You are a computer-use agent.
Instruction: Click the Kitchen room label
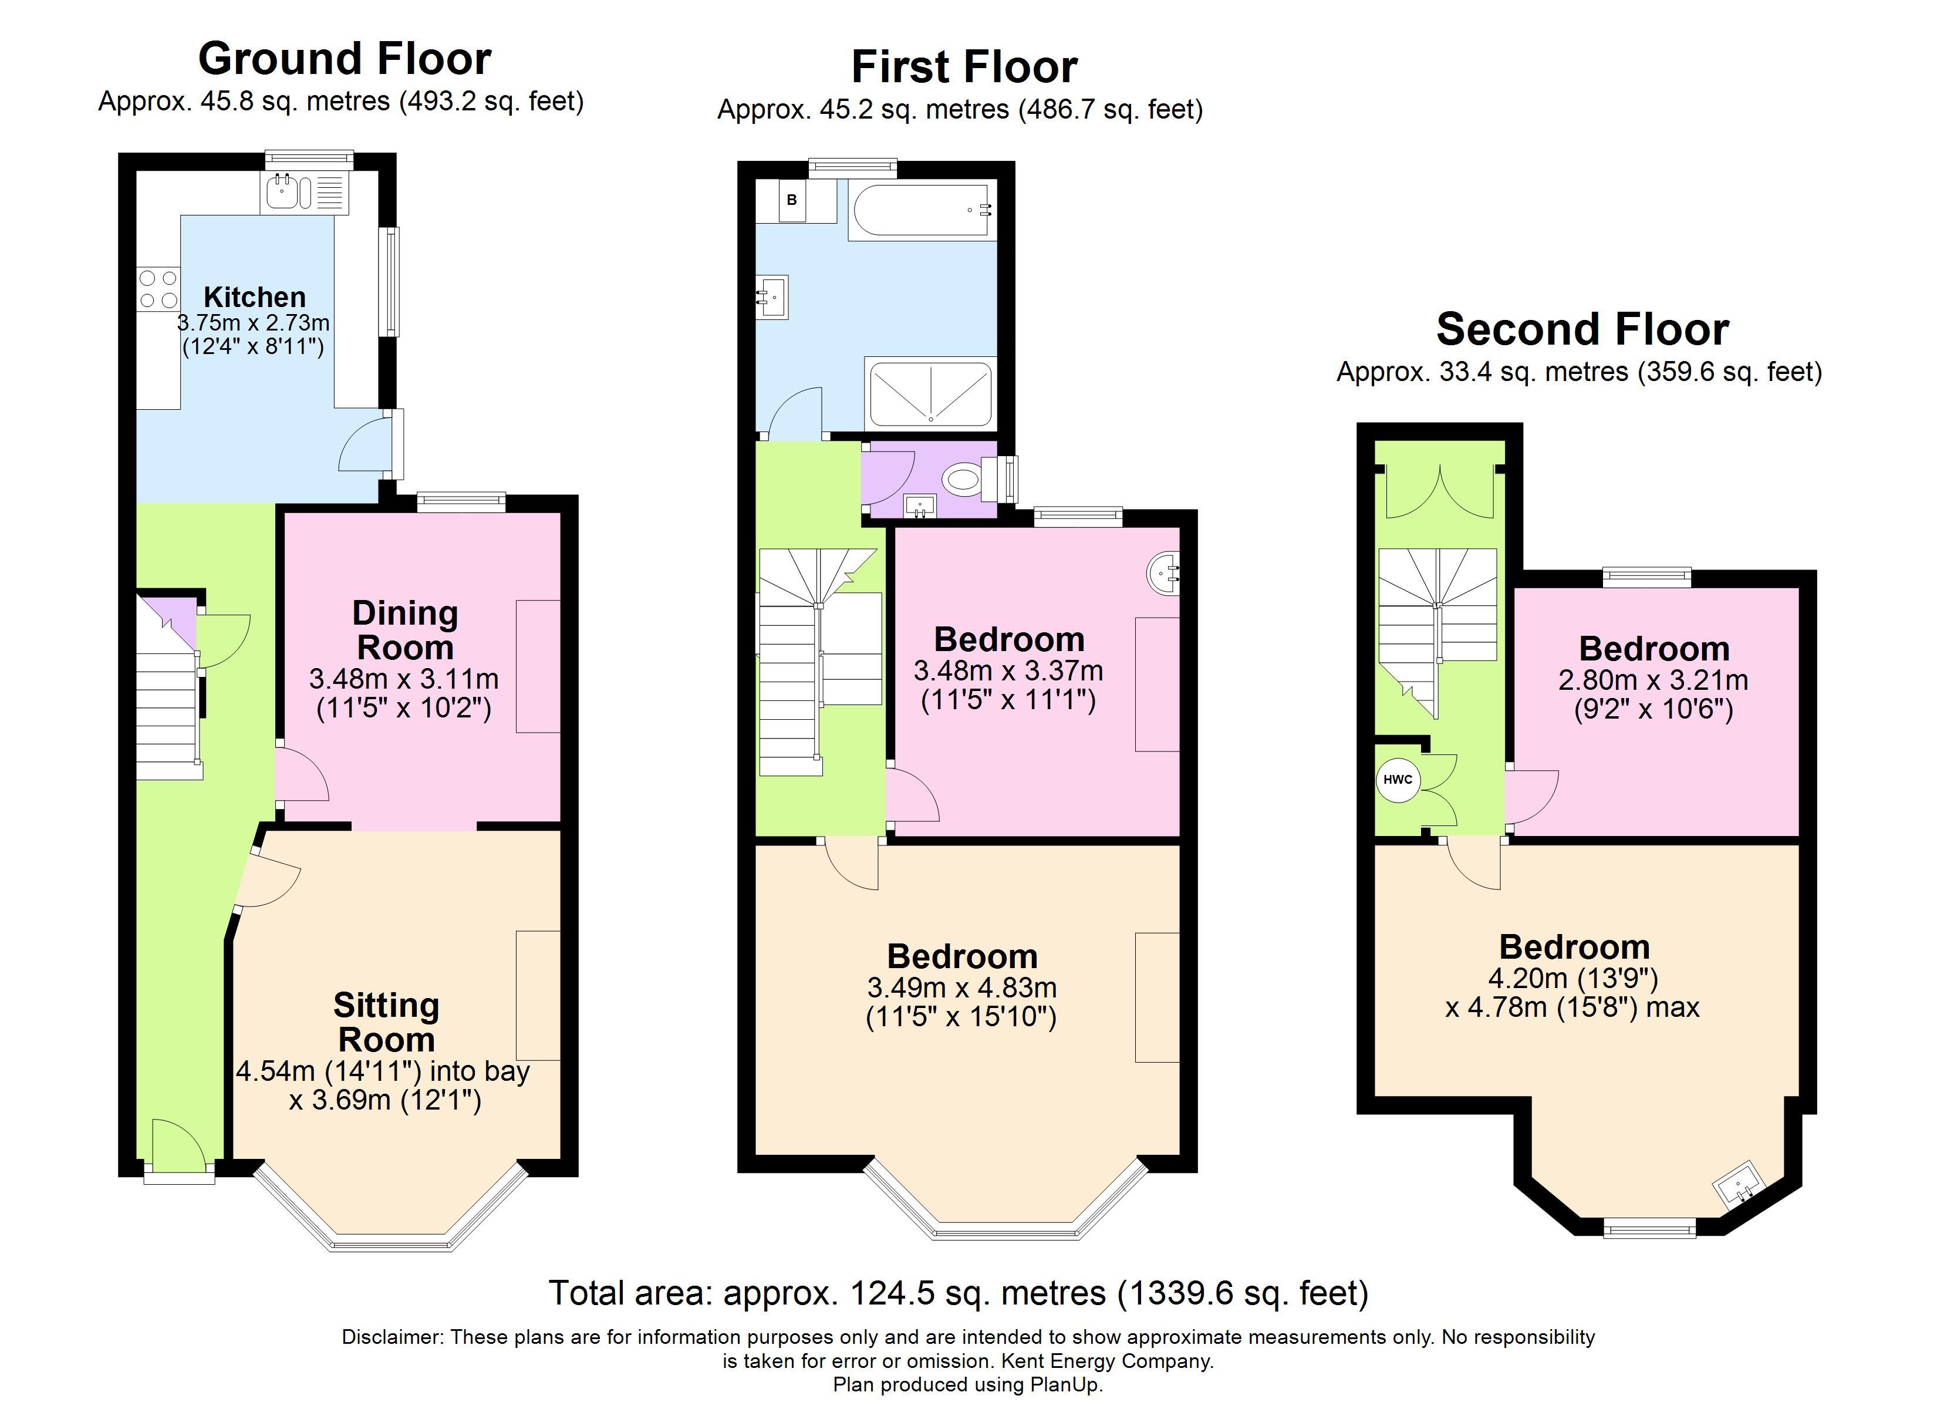point(255,296)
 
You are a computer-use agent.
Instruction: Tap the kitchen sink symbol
point(305,192)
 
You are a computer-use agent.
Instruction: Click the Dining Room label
point(405,631)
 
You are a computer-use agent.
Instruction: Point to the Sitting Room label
point(386,1023)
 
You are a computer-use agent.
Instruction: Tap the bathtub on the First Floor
point(922,210)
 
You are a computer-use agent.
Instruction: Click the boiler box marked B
point(792,201)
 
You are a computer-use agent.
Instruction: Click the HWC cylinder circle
point(1397,779)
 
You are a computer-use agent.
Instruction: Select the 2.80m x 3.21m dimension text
point(1653,680)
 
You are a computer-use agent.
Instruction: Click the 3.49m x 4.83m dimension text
point(961,987)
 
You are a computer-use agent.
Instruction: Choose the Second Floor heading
point(1582,329)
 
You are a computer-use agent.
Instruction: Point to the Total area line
point(959,1293)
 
